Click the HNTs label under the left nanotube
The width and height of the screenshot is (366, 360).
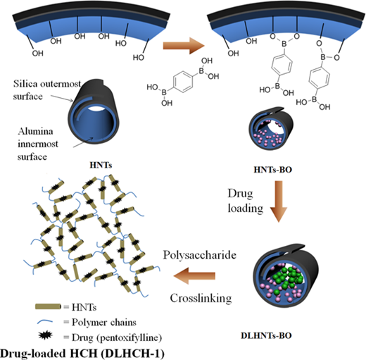101,165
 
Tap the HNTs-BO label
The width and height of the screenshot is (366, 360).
273,169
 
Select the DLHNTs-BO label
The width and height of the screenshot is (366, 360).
266,335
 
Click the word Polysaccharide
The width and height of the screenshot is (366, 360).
200,255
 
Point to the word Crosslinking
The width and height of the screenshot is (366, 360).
201,299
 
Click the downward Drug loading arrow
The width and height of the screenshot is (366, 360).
279,201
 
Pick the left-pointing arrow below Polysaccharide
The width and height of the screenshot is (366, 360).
194,275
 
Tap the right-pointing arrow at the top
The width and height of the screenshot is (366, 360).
184,46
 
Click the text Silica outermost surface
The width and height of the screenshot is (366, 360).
47,90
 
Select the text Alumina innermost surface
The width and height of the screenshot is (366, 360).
37,144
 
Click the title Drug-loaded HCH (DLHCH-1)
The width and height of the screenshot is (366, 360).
82,354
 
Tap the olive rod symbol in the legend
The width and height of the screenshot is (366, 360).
48,306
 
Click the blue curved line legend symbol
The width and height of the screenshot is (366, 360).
45,321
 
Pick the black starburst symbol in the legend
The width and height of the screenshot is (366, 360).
46,335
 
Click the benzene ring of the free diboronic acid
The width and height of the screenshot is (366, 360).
183,82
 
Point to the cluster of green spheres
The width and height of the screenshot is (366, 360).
286,278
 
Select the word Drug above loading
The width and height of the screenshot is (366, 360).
240,194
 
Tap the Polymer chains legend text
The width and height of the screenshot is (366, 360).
104,322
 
